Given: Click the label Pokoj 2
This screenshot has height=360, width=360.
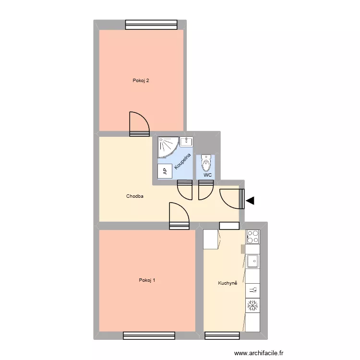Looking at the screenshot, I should click(141, 81).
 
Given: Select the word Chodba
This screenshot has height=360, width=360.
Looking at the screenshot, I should click(135, 196).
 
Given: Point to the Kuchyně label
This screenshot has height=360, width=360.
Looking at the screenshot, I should click(228, 283).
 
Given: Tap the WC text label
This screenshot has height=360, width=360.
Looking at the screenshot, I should click(207, 175).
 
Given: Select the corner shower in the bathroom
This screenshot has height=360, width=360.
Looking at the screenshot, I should click(168, 146).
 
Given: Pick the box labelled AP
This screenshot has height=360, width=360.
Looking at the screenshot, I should click(165, 171).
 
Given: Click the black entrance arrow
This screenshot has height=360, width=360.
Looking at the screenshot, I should click(250, 201).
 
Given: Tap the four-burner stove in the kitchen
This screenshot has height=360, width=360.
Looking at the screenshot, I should click(253, 236).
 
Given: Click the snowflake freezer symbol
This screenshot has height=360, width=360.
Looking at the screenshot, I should click(252, 305).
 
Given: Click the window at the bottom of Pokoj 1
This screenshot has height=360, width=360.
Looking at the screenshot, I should click(149, 335).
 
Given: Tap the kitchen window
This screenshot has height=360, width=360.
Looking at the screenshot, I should click(222, 335).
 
